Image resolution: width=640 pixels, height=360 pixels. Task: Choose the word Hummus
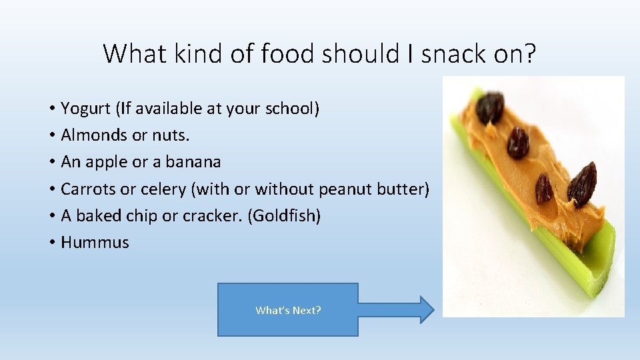pyautogui.click(x=95, y=243)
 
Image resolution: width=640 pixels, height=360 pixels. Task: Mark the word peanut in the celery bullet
pyautogui.click(x=346, y=189)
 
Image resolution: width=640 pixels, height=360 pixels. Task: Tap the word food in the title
pyautogui.click(x=287, y=53)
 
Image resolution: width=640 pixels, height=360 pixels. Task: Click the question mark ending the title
pyautogui.click(x=529, y=53)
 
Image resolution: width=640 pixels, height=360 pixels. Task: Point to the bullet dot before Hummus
pyautogui.click(x=51, y=243)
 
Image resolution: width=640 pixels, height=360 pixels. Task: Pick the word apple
pyautogui.click(x=106, y=162)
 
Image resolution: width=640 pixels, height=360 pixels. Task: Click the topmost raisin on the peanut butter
pyautogui.click(x=490, y=108)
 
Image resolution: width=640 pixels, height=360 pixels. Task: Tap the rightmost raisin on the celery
pyautogui.click(x=582, y=185)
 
